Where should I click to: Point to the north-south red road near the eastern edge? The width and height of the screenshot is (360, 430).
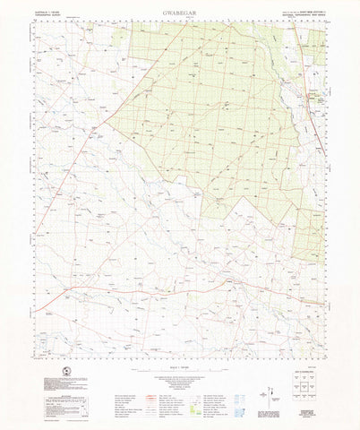[x=317, y=107]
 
